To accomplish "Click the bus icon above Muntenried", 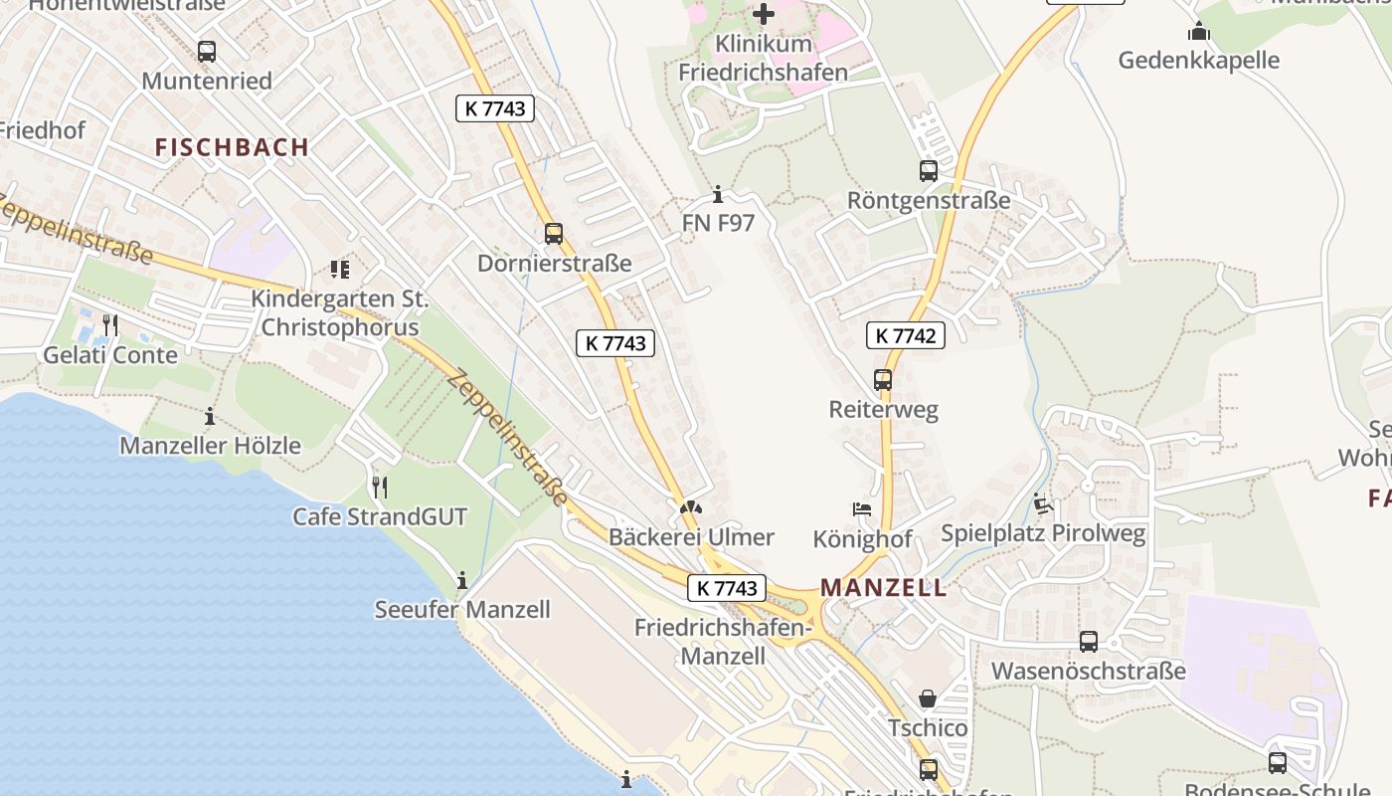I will (207, 52).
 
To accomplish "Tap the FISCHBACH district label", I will (232, 147).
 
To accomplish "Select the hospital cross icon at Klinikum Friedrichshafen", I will (764, 14).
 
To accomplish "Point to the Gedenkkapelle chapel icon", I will (1198, 32).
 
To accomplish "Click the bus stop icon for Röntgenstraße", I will (928, 171).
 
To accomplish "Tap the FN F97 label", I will (718, 223).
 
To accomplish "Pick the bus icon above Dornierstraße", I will (554, 234).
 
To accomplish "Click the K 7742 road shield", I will (905, 335).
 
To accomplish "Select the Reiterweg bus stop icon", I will (883, 380).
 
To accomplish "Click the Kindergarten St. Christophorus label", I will (339, 312).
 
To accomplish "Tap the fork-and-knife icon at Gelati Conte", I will (110, 325).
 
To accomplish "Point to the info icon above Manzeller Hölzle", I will (210, 416).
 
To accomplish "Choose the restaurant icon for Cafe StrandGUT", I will (379, 488).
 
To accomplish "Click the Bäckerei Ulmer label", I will (691, 537).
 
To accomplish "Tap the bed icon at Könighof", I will (862, 509).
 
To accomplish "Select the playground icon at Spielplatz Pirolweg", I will (1042, 504).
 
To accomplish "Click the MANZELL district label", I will (883, 587).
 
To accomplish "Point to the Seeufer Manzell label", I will (462, 609).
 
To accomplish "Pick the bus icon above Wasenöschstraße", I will (1089, 642).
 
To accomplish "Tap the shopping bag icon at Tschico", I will (928, 698).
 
